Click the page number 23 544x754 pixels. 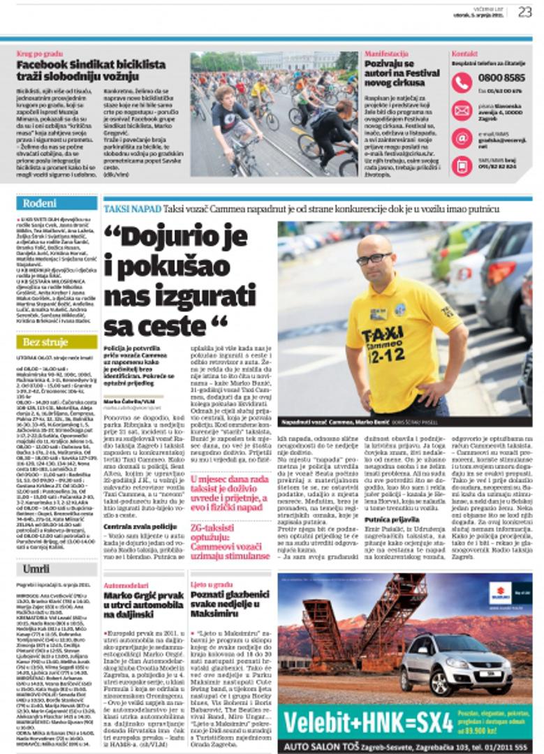[x=524, y=11]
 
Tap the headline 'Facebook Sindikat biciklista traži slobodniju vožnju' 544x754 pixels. [x=91, y=71]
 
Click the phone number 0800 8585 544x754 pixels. [x=501, y=78]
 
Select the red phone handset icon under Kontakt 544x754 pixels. [x=462, y=82]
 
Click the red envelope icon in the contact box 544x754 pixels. [x=462, y=110]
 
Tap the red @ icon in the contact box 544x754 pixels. [x=462, y=138]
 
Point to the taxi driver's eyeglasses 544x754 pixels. [x=374, y=258]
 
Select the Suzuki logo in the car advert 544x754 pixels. [x=500, y=593]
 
